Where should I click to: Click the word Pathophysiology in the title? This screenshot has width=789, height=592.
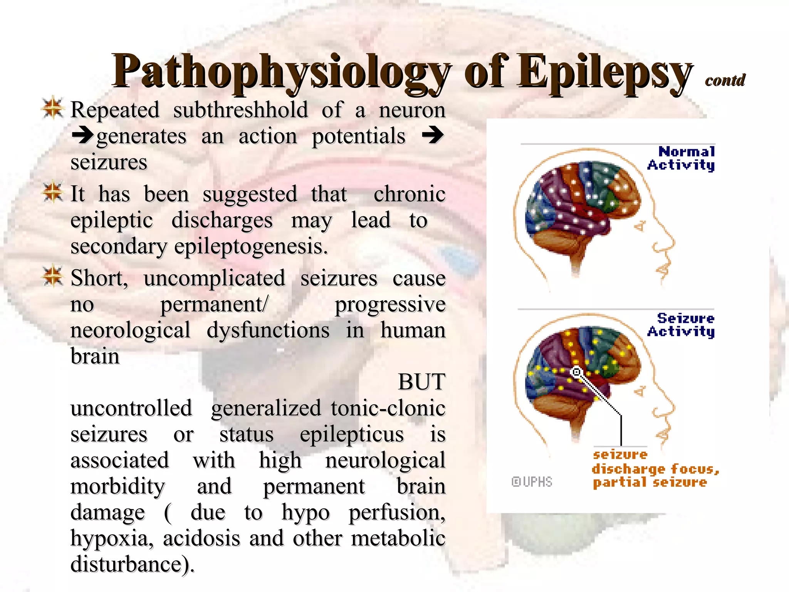[x=281, y=71]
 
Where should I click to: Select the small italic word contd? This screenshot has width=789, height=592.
[x=725, y=80]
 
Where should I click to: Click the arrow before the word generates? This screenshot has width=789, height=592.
[x=82, y=136]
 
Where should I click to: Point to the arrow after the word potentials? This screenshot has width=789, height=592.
[x=433, y=136]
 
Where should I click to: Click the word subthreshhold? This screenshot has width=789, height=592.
[x=240, y=110]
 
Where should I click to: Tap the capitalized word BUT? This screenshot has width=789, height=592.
[x=421, y=382]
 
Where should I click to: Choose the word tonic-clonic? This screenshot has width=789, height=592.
[x=388, y=408]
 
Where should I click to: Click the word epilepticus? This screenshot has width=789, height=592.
[x=352, y=434]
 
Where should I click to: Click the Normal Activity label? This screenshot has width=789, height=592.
[x=682, y=158]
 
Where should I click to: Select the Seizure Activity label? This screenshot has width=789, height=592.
[x=682, y=325]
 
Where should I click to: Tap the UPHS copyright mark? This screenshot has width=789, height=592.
[x=532, y=482]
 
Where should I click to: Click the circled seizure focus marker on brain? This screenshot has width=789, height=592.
[x=577, y=372]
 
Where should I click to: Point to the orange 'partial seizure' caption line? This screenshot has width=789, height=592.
[x=650, y=483]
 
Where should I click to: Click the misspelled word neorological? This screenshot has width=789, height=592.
[x=130, y=330]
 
